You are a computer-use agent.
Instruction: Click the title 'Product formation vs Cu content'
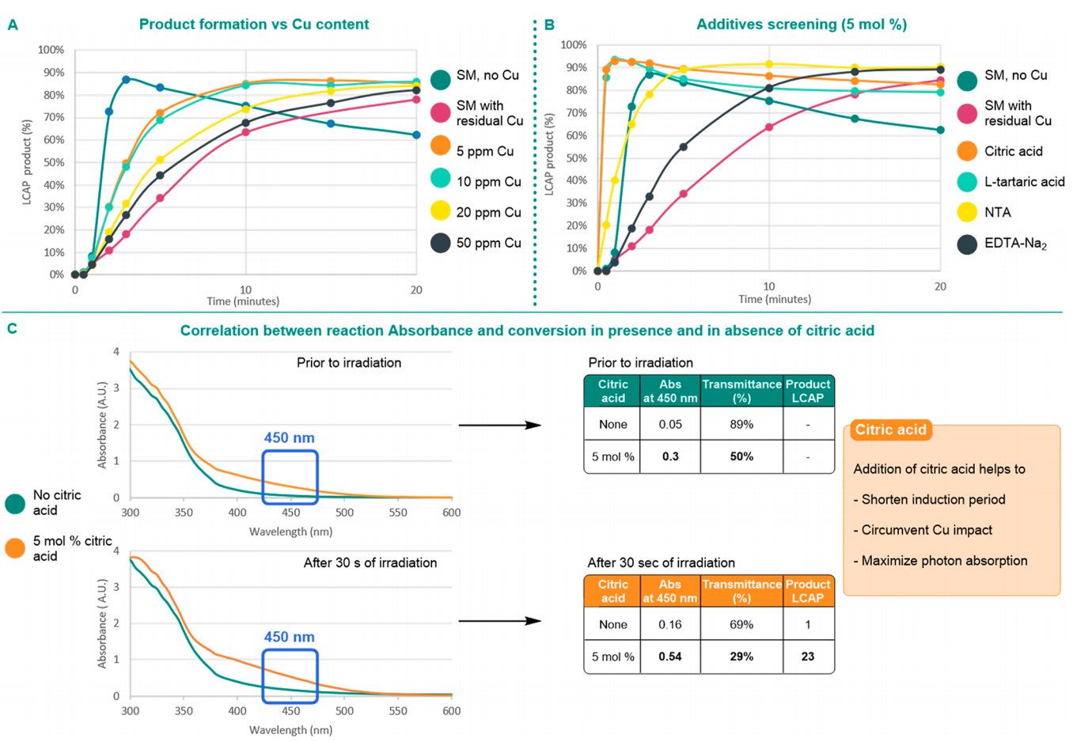pos(253,25)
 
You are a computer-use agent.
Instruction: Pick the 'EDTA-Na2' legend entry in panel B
pos(1014,244)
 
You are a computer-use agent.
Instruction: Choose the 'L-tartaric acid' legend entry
pos(1024,182)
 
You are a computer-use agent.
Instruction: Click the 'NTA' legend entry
pos(997,212)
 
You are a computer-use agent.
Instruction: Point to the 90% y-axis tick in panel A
pos(54,73)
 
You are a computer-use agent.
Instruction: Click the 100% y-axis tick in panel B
pos(574,45)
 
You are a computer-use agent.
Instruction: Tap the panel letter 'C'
pos(12,328)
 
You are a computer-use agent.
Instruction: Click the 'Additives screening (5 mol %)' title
pos(801,25)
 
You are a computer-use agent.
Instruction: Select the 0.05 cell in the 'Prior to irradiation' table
pos(670,425)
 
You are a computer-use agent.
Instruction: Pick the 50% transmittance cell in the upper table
pos(741,456)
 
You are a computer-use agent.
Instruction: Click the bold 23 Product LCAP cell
pos(807,657)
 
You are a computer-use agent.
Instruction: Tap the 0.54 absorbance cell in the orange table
pos(670,657)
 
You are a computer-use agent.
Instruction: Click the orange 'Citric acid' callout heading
pos(890,430)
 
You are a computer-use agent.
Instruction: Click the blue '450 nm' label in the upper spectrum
pos(289,438)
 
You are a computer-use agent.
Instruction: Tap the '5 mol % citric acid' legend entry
pos(72,548)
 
